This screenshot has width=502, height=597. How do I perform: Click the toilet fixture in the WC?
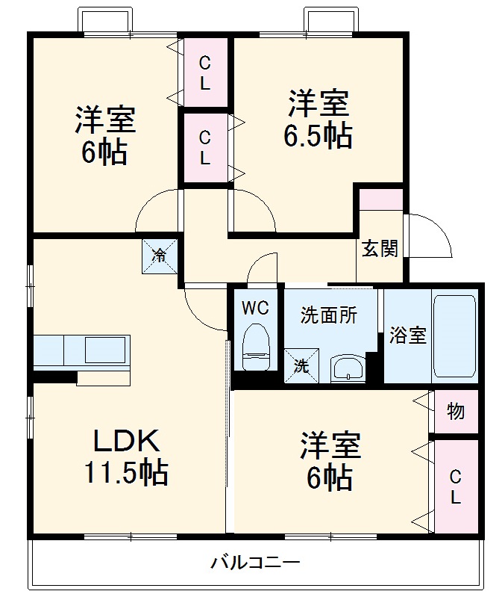coord(256,347)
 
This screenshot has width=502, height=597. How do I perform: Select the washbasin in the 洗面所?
coord(348,368)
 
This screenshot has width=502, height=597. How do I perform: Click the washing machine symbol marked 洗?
coord(302,365)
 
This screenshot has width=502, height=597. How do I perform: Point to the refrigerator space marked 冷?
coord(160,256)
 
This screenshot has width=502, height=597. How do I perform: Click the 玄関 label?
coord(380,249)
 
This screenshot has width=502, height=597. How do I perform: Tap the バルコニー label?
coord(255,562)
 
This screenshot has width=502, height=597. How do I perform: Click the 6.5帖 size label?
coord(318,135)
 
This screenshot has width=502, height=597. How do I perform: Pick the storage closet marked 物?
coord(456,412)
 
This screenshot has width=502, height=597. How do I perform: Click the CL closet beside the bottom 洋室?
coord(456,486)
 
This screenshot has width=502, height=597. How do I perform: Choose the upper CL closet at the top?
coord(206,72)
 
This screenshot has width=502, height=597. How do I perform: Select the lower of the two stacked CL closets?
coord(206,148)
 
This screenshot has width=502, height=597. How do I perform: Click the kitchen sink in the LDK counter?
coord(105,350)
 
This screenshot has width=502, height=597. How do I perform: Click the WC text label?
coord(255,308)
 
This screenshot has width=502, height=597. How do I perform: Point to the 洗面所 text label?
coord(329,315)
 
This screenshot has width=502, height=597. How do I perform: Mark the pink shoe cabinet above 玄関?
coord(381,199)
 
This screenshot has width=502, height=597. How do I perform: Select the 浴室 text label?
coord(408,335)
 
